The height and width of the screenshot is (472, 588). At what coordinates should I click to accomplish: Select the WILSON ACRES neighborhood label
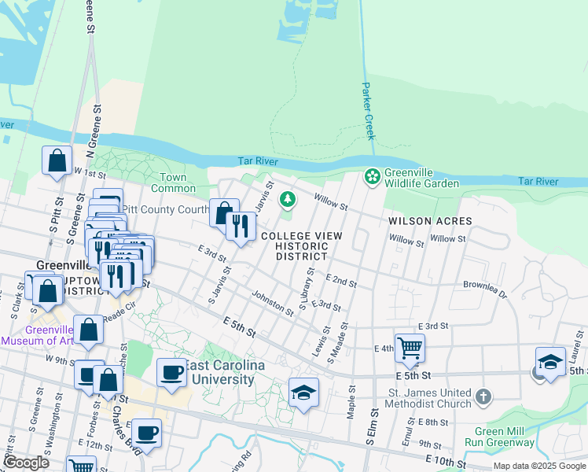(430, 221)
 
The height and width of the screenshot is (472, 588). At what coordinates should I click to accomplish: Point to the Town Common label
(173, 183)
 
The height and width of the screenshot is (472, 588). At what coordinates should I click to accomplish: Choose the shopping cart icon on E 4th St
(410, 347)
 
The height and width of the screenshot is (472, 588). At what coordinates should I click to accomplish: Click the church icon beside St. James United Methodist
(483, 396)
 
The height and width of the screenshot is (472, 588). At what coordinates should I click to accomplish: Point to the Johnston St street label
(272, 305)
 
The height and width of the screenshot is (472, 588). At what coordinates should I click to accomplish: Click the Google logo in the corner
(26, 463)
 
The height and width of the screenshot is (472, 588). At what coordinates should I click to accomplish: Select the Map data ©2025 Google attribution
(538, 466)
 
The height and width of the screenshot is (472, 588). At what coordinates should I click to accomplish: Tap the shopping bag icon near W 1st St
(57, 161)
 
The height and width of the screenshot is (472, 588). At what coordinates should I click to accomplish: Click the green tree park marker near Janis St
(288, 200)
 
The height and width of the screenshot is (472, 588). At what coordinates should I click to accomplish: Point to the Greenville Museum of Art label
(38, 335)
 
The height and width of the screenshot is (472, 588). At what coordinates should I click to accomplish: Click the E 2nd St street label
(340, 281)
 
